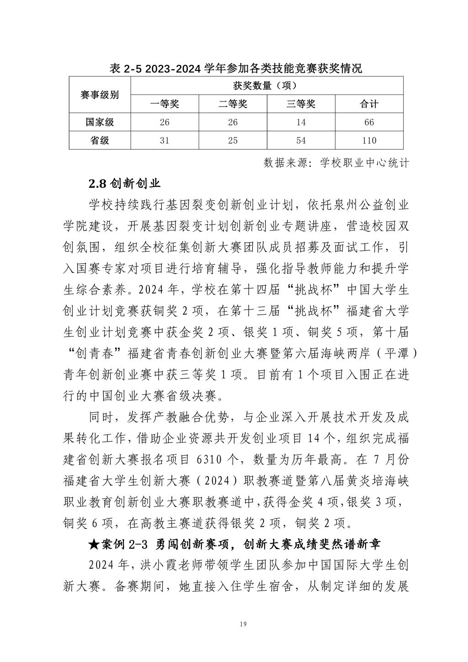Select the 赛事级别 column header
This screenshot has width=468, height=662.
point(100,95)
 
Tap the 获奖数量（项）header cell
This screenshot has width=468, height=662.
point(266,85)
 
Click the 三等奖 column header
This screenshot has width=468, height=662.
point(301,104)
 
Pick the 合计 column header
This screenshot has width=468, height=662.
point(369,104)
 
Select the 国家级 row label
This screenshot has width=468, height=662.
point(100,122)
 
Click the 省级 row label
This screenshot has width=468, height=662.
point(100,140)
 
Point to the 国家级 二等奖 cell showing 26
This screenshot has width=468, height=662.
point(233,122)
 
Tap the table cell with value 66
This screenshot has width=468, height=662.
point(369,122)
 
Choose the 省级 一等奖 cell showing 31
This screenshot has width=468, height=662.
point(165,140)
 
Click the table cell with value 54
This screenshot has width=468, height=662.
point(301,140)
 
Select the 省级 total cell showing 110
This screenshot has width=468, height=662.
point(369,140)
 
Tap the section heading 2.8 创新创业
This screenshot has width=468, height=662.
point(124,184)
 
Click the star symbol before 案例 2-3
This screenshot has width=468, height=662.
point(94,545)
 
